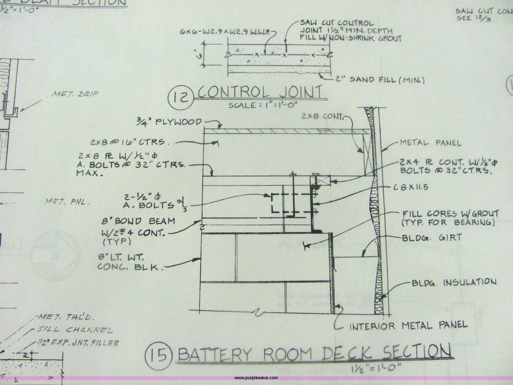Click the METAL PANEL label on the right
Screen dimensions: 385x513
(430, 143)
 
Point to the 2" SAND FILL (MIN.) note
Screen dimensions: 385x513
(380, 80)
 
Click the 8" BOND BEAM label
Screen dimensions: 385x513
(138, 221)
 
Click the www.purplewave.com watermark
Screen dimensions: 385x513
(256, 377)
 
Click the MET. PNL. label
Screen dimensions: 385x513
(67, 202)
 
